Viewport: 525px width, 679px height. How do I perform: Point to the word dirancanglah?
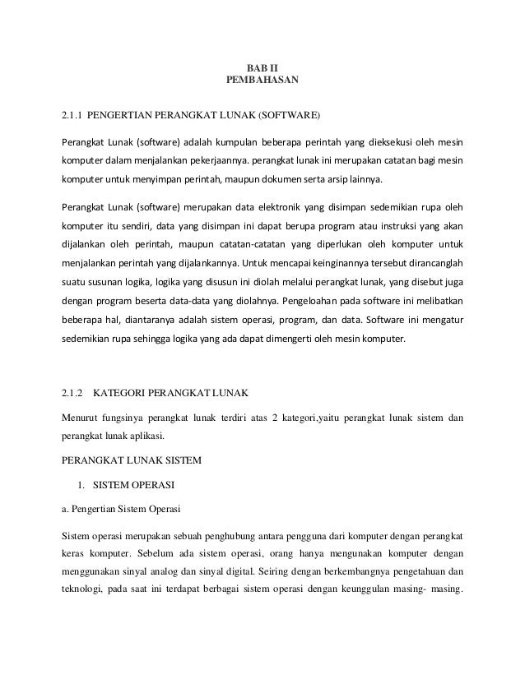click(432, 265)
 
